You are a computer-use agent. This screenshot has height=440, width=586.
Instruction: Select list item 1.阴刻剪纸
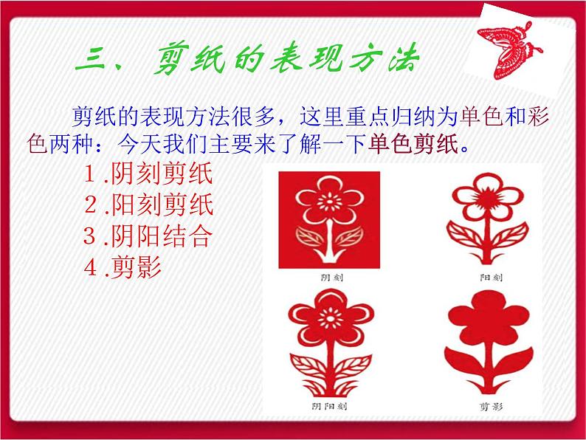(148, 175)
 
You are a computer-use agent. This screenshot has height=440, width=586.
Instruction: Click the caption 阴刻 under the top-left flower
(329, 278)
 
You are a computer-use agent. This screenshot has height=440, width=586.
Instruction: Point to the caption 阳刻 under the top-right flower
(491, 278)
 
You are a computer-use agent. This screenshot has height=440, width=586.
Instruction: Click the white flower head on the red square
(329, 201)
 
